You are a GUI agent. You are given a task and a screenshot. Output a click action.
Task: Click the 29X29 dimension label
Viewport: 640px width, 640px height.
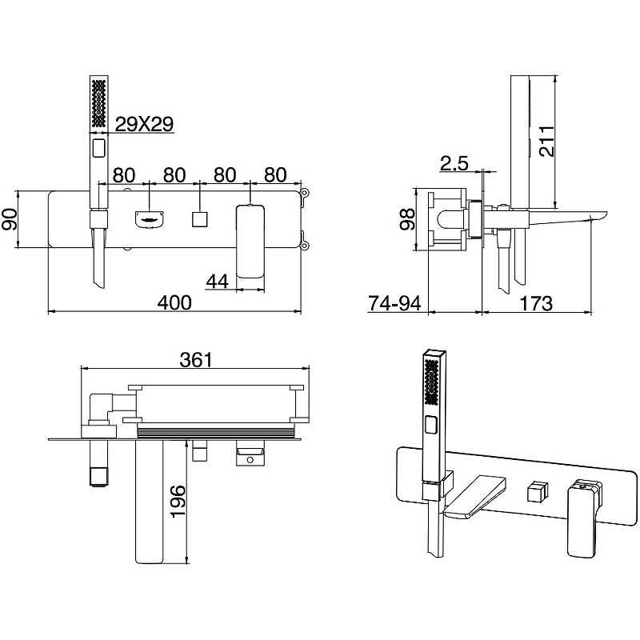145,124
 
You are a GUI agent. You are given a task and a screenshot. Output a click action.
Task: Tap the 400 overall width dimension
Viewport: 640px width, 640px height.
174,303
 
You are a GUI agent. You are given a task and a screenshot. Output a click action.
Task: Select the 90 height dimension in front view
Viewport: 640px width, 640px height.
10,219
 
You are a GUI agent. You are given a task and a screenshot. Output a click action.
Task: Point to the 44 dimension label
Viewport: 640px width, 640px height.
217,282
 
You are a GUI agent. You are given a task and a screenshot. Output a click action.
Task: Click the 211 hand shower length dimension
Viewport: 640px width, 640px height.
546,142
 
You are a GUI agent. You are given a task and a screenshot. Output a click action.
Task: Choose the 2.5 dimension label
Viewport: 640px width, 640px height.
454,163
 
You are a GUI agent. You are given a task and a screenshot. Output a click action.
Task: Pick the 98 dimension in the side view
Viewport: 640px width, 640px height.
407,219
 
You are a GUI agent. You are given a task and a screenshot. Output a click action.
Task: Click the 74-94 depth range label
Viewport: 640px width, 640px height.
394,303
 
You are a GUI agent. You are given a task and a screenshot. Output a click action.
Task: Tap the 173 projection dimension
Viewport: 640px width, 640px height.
536,303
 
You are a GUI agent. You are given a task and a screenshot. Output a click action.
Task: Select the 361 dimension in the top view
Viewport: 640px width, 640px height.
196,360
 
